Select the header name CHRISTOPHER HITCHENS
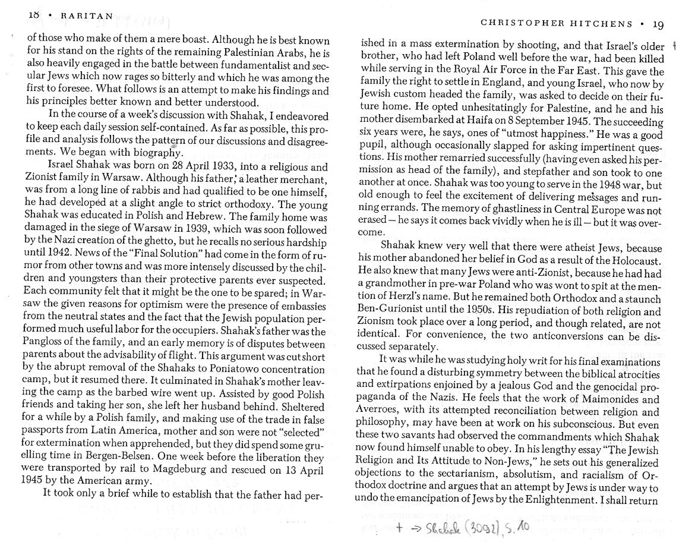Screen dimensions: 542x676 556,24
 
